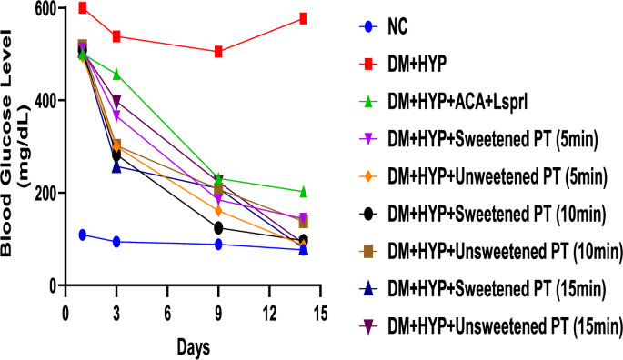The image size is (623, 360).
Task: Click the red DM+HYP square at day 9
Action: click(219, 52)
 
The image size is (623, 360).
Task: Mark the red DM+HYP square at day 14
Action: click(304, 18)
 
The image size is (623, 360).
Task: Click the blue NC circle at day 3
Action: click(116, 242)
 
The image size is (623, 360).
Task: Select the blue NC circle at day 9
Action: click(219, 245)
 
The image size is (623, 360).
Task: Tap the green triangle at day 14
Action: click(304, 192)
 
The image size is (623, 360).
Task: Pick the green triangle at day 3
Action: click(116, 74)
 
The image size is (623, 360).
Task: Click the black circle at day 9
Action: click(219, 227)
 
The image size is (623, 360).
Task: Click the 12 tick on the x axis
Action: click(269, 313)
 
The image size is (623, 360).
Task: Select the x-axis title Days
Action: click(192, 348)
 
